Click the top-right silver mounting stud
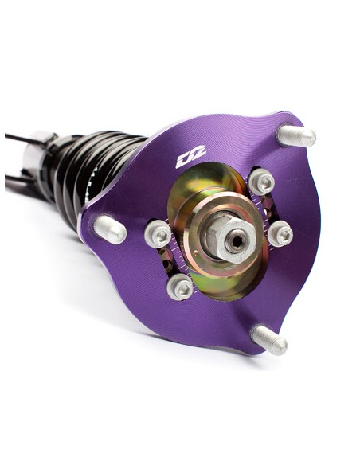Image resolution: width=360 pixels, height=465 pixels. pyautogui.click(x=296, y=136)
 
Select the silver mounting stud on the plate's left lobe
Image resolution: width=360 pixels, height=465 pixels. pyautogui.click(x=110, y=230)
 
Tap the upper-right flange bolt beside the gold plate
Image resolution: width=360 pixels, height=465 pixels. pyautogui.click(x=262, y=182)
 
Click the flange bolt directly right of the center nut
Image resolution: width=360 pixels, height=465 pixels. pyautogui.click(x=280, y=233)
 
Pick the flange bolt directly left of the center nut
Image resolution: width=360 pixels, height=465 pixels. pyautogui.click(x=158, y=233)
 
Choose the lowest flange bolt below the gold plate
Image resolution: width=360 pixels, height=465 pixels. pyautogui.click(x=180, y=287)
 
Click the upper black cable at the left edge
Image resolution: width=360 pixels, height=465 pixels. pyautogui.click(x=16, y=138)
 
